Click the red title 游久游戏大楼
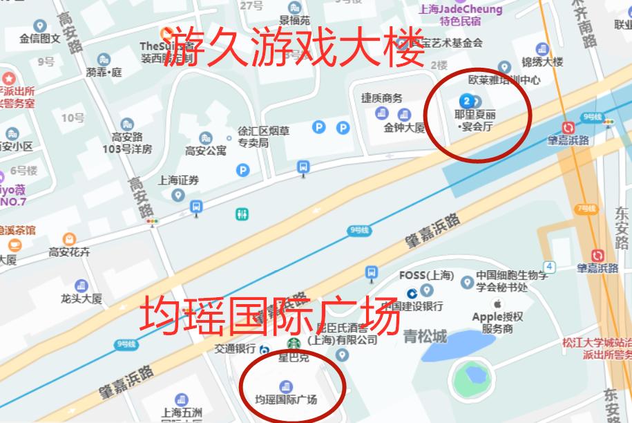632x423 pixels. (297, 47)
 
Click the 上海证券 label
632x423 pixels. (178, 180)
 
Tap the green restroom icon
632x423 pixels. (242, 214)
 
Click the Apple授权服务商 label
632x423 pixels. (497, 323)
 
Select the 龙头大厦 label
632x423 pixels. (81, 299)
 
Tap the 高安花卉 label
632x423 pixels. (69, 252)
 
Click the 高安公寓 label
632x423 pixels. (205, 150)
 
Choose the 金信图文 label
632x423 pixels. (40, 39)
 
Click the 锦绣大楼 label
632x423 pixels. (542, 62)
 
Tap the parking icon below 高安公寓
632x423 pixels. (242, 169)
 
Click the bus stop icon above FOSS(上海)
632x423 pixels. (372, 272)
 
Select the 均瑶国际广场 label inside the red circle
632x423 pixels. (286, 399)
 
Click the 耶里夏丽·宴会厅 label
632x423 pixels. (476, 120)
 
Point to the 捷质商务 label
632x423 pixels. (381, 98)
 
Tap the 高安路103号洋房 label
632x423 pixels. (127, 142)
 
